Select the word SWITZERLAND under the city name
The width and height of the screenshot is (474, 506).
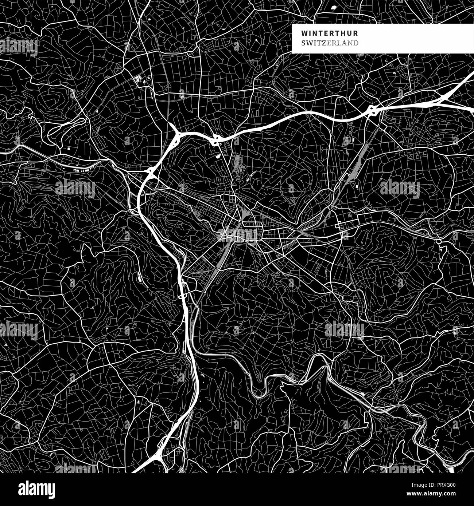[330, 43]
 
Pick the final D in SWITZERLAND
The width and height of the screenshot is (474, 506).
[355, 43]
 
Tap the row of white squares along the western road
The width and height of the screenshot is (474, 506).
[80, 170]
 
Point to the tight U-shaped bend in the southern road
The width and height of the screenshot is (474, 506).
[259, 390]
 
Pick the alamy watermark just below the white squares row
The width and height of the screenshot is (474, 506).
[75, 188]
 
